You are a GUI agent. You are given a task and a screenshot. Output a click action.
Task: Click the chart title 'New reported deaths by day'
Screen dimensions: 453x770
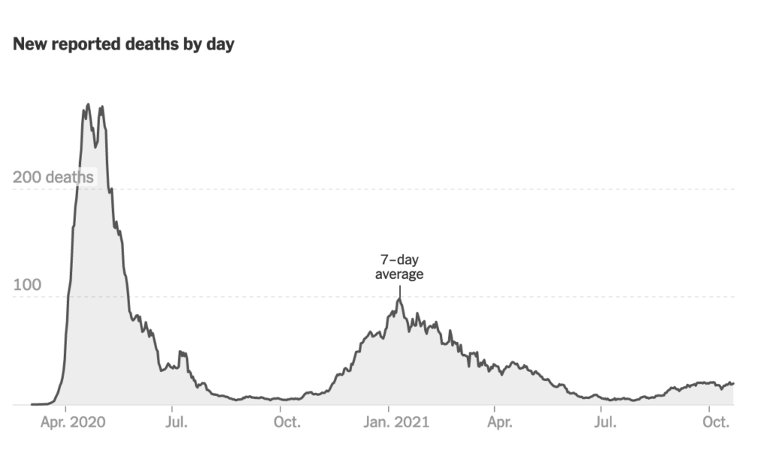[123, 44]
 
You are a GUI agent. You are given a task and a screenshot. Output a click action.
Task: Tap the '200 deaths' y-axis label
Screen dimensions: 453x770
[53, 177]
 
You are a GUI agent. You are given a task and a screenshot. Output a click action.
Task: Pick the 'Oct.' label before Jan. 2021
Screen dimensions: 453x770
[286, 422]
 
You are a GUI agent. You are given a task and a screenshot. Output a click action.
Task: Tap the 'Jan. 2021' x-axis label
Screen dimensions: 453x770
[389, 422]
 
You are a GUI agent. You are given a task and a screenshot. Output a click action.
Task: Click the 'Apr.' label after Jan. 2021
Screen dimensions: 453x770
[499, 422]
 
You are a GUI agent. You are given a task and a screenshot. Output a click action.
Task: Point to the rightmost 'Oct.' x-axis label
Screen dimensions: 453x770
[716, 422]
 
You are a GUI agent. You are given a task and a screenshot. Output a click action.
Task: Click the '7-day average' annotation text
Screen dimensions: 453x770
[399, 267]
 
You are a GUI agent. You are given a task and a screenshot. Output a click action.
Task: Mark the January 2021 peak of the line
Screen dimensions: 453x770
[399, 299]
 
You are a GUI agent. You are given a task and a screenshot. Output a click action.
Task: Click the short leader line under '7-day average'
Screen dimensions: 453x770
[399, 290]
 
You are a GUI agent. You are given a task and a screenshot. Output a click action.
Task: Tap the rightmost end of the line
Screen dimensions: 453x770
[733, 383]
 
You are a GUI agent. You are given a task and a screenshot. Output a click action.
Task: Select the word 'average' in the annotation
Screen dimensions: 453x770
[399, 274]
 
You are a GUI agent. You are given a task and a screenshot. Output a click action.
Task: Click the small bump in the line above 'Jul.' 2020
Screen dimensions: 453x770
[181, 352]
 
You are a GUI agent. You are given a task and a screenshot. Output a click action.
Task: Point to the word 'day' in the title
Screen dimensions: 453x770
[219, 44]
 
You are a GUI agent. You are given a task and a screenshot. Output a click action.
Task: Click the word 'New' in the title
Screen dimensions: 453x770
[29, 44]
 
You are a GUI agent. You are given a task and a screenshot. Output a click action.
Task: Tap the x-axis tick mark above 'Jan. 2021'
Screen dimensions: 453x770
[389, 408]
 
